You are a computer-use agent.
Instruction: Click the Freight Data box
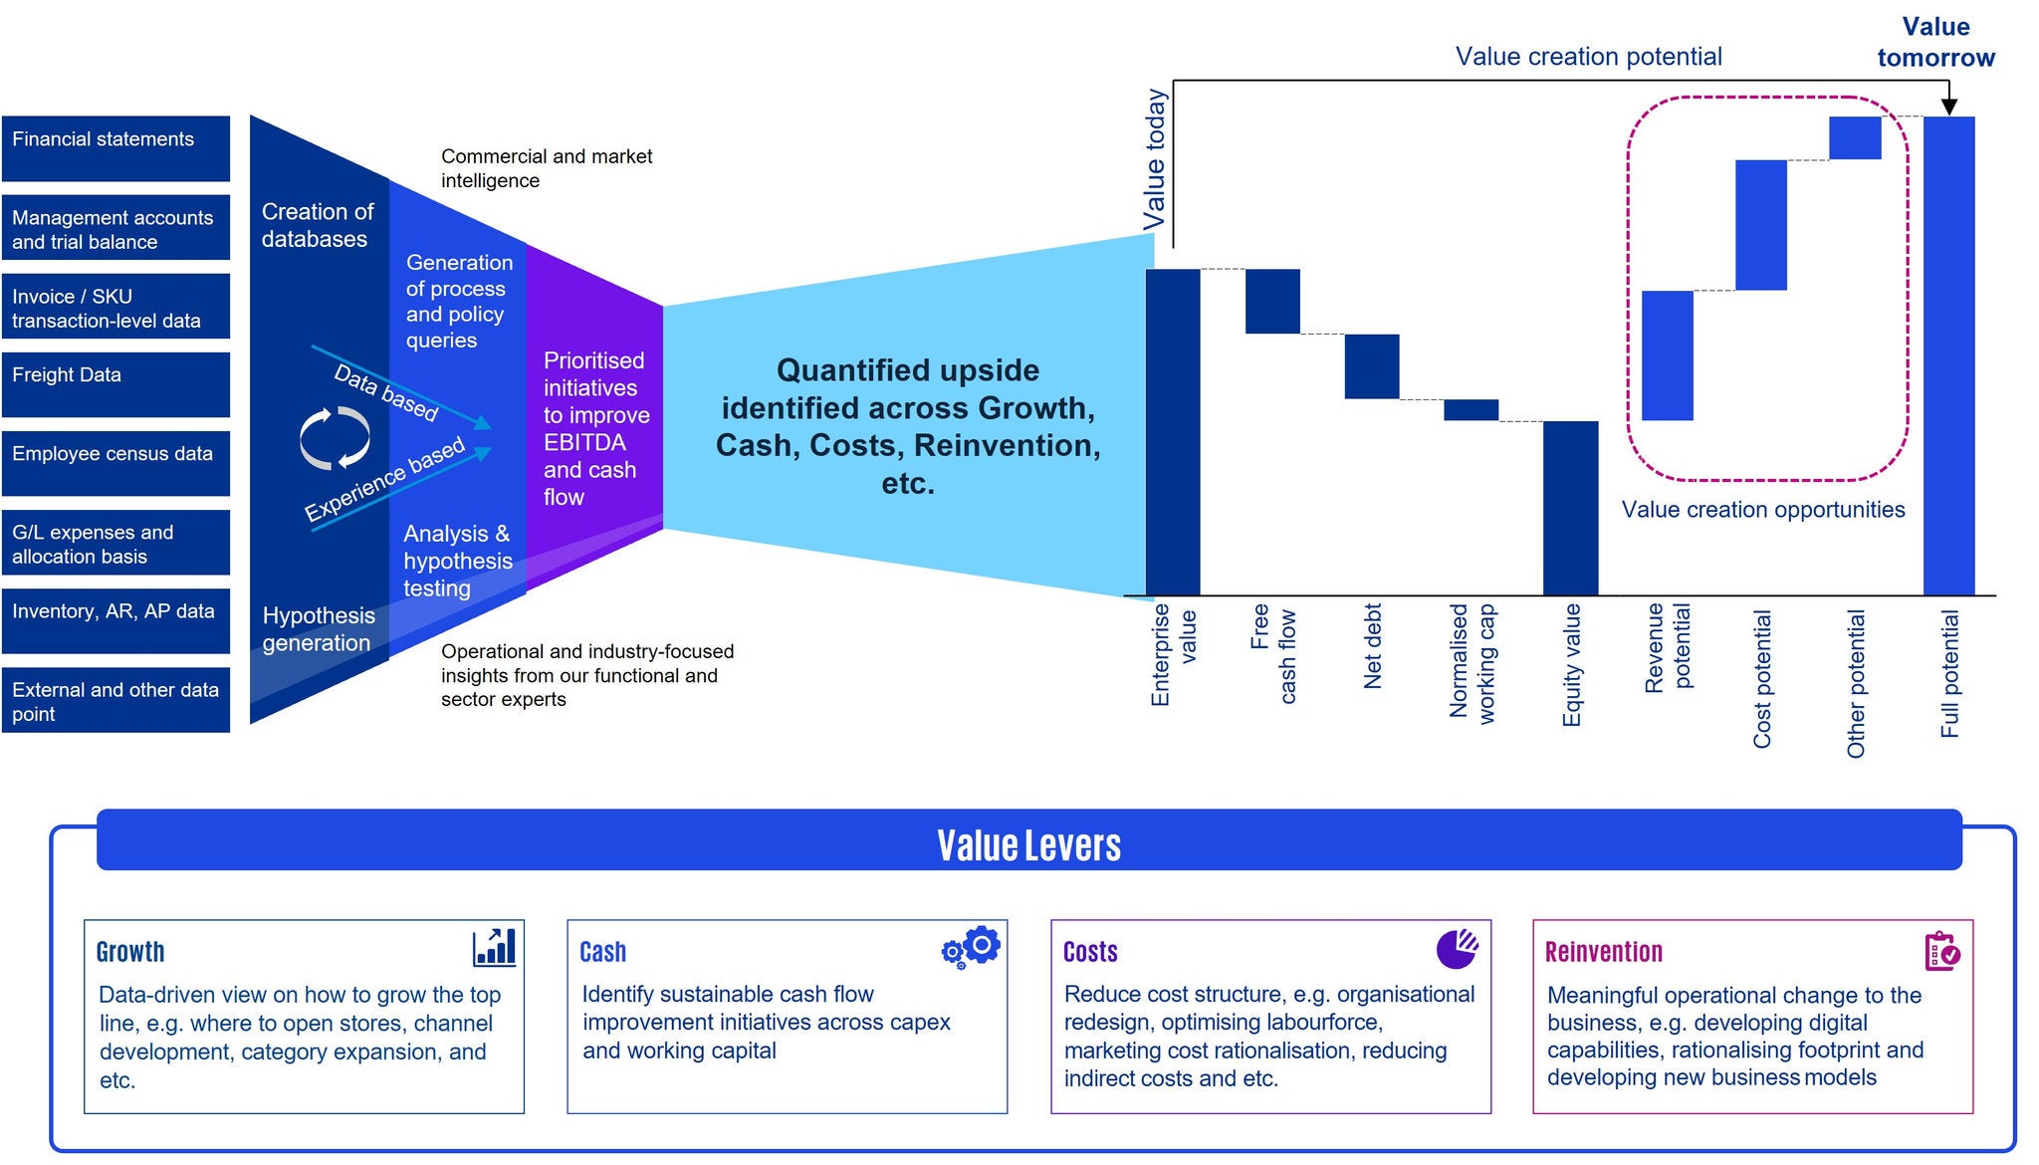(115, 384)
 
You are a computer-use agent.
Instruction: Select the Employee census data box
(115, 463)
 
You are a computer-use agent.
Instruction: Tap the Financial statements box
(115, 148)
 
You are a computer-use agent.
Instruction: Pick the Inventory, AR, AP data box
(115, 620)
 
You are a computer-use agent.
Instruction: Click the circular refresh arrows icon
(336, 438)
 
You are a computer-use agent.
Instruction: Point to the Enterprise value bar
(1173, 431)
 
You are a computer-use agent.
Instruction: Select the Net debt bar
(1372, 366)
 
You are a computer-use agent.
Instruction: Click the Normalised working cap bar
(1471, 410)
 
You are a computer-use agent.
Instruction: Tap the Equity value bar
(1570, 508)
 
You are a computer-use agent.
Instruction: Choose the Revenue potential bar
(1667, 355)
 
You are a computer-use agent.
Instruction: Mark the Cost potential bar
(1760, 225)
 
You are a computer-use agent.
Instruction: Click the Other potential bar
(1855, 138)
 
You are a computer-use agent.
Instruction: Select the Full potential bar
(1948, 355)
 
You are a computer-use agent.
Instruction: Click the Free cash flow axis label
(1273, 653)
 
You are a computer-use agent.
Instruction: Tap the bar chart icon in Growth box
(494, 947)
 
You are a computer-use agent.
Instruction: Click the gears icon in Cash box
(971, 947)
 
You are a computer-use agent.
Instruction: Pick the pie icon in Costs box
(1457, 949)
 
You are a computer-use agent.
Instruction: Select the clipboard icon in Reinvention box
(1941, 951)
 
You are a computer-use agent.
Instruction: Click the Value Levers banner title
(1028, 845)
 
